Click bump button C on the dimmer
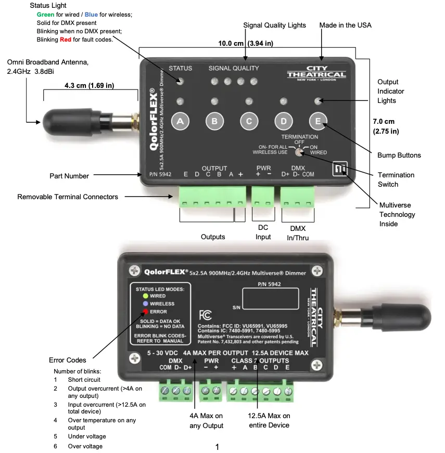tap(249, 121)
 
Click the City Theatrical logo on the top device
tap(316, 73)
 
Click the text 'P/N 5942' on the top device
tap(159, 175)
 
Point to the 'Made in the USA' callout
tap(345, 25)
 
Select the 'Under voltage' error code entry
tap(86, 436)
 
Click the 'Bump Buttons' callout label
tap(399, 155)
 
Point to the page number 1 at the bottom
tap(217, 447)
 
